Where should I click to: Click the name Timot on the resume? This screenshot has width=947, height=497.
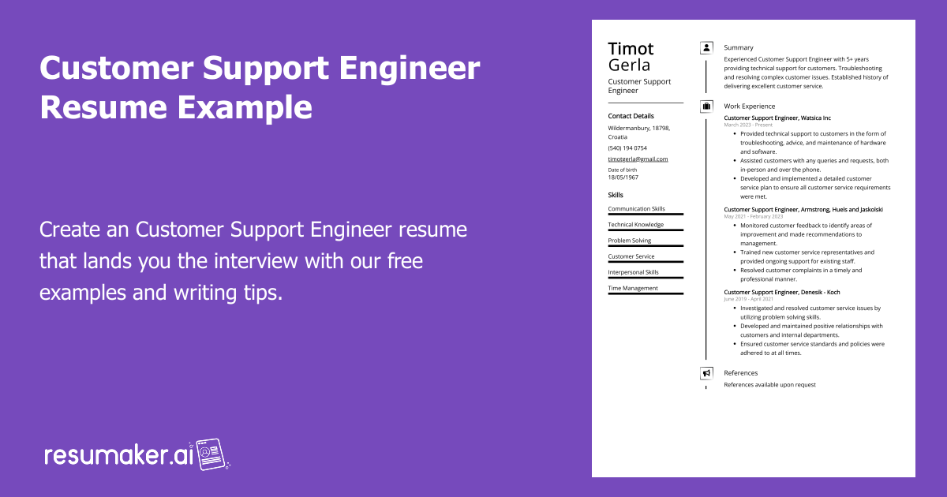click(x=631, y=48)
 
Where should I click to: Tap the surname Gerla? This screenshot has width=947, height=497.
click(x=629, y=65)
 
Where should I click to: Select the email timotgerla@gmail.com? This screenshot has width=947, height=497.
click(x=638, y=159)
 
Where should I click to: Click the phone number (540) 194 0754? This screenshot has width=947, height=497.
click(x=627, y=148)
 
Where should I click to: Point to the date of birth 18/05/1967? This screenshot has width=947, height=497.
click(x=624, y=177)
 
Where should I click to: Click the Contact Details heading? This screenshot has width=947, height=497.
click(x=631, y=116)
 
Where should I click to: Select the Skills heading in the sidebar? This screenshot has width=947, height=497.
click(x=616, y=195)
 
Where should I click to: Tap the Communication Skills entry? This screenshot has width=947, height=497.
click(x=636, y=209)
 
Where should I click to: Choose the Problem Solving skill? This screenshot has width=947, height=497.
click(x=630, y=241)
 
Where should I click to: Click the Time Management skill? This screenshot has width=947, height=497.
click(x=632, y=288)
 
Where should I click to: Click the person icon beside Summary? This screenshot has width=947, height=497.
click(x=706, y=48)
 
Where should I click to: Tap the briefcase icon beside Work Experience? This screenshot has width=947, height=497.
click(x=706, y=106)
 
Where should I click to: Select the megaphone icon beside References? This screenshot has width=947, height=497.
click(x=706, y=373)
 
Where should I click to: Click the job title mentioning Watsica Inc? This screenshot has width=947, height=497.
click(x=777, y=118)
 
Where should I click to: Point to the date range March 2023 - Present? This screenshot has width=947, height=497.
click(x=748, y=125)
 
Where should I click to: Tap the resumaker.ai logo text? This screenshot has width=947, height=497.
click(x=118, y=455)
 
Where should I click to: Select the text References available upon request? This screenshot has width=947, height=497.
click(x=769, y=385)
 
